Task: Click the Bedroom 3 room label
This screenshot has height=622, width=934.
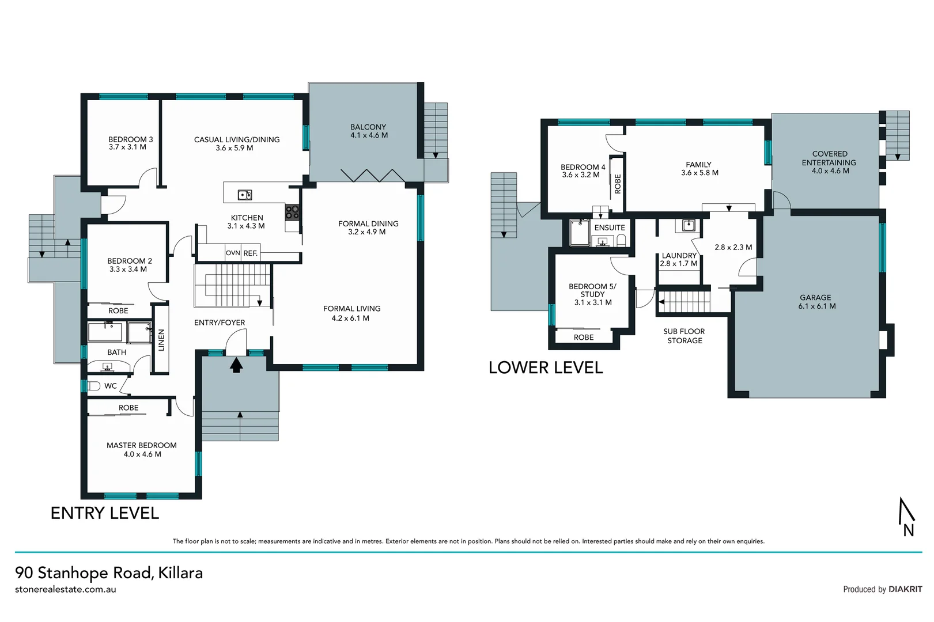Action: [130, 139]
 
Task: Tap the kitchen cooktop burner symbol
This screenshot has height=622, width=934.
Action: [293, 213]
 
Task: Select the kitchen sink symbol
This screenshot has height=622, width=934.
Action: [245, 195]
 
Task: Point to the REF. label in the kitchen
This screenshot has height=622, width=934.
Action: [250, 253]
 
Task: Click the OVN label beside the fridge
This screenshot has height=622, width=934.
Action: [233, 253]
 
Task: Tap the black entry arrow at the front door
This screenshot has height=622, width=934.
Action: [236, 365]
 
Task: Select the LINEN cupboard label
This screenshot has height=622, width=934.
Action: [161, 340]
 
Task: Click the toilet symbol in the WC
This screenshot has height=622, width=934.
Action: [93, 386]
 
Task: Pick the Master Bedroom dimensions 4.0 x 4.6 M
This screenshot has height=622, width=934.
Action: [142, 454]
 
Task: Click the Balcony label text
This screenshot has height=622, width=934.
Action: [368, 127]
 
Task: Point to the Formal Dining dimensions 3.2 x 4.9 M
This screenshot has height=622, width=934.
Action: [366, 232]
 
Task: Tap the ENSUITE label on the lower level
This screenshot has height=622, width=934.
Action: [610, 228]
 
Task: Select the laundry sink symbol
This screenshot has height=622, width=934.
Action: [688, 225]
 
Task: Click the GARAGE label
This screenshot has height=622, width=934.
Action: [815, 298]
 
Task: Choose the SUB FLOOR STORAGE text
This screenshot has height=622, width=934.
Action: [684, 336]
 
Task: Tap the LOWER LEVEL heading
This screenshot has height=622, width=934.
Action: [545, 368]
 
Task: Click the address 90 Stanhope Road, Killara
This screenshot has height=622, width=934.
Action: [109, 573]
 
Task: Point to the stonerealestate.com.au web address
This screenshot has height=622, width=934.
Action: [66, 590]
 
